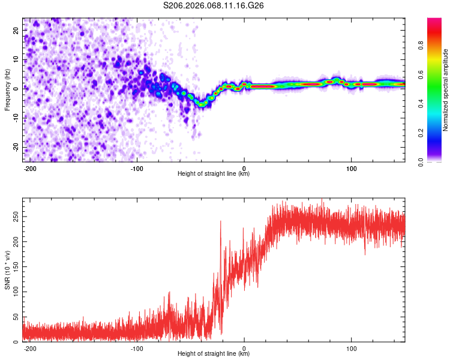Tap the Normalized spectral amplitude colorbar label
pyautogui.click(x=446, y=90)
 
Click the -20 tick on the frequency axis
pyautogui.click(x=16, y=147)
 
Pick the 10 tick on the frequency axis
pyautogui.click(x=17, y=59)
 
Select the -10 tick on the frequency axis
pyautogui.click(x=16, y=118)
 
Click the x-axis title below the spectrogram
pyautogui.click(x=214, y=174)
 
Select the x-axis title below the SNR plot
pyautogui.click(x=214, y=354)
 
